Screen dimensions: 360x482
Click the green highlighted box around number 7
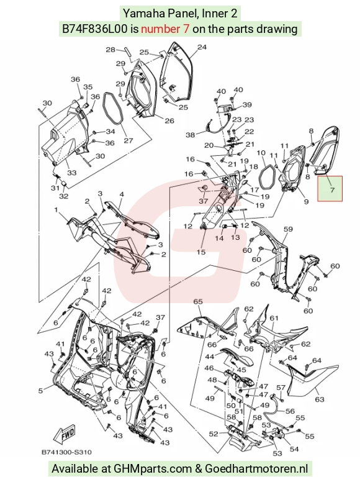[x=330, y=189]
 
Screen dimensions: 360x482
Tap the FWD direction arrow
[x=65, y=434]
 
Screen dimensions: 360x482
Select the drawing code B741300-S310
[x=66, y=452]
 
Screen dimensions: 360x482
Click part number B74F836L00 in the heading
[x=94, y=29]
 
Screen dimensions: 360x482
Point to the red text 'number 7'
[x=165, y=29]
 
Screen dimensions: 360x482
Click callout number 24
[x=202, y=47]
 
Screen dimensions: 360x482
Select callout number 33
[x=71, y=173]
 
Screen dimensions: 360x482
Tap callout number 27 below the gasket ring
[x=128, y=140]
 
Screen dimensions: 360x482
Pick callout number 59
[x=288, y=229]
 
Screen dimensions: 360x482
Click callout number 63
[x=320, y=399]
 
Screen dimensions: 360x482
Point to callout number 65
[x=198, y=301]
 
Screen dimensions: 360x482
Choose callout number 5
[x=40, y=391]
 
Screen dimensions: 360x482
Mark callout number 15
[x=201, y=252]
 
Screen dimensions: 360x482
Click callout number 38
[x=191, y=135]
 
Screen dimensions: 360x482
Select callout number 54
[x=294, y=449]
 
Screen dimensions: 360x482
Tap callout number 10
[x=261, y=153]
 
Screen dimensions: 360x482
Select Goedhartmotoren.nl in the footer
[x=256, y=468]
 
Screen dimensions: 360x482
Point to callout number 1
[x=56, y=210]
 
